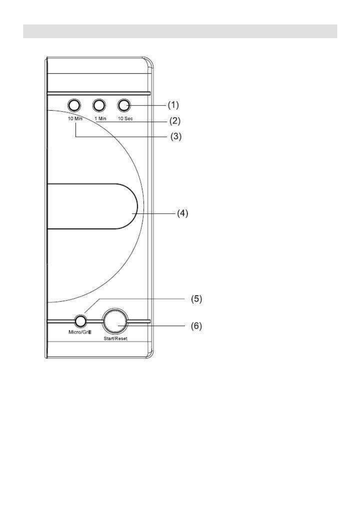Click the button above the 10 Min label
74,105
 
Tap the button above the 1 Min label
99,105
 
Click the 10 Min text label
75,118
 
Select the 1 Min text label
100,118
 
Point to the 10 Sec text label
125,118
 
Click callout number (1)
173,105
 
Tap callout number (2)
174,121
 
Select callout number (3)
176,136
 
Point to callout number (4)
182,214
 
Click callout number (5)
197,299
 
